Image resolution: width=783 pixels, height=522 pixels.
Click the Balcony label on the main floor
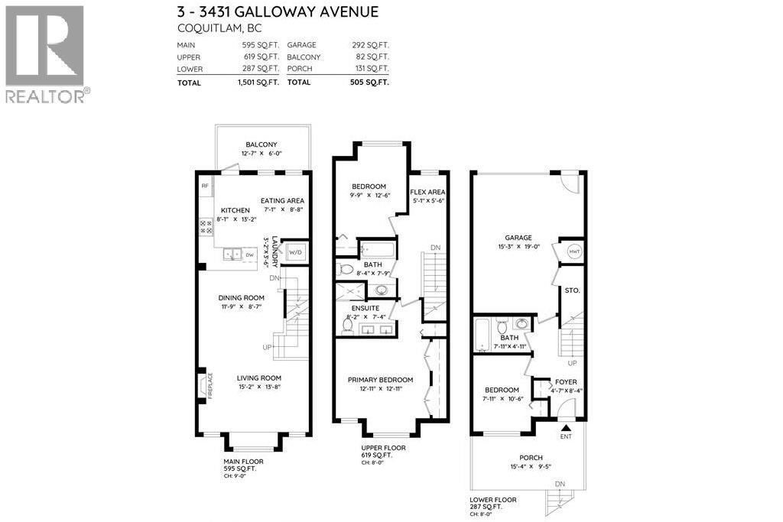(x=261, y=144)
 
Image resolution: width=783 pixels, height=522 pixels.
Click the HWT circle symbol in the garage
(x=572, y=252)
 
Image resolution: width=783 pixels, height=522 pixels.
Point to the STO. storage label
(x=570, y=290)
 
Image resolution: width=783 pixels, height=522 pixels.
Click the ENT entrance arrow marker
(x=566, y=431)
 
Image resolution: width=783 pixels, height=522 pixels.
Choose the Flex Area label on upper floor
(x=427, y=192)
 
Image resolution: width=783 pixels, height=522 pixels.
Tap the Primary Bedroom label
(x=380, y=380)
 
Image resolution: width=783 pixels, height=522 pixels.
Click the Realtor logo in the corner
(x=45, y=53)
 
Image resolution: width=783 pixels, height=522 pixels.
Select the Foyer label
(x=567, y=381)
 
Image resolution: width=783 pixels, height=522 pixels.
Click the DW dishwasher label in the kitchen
(x=249, y=255)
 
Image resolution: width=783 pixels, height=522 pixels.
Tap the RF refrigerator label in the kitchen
(x=205, y=186)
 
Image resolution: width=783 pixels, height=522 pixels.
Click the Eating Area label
(x=284, y=200)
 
